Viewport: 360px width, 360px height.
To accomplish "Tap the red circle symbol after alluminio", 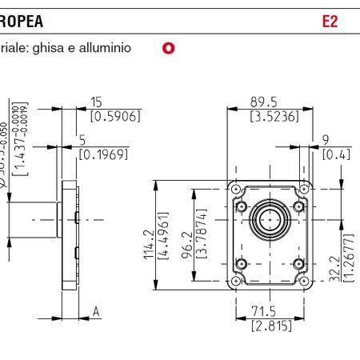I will tap(168, 48).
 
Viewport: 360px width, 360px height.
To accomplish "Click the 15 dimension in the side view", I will tap(97, 102).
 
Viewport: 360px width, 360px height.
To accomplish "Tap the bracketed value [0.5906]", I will tap(115, 117).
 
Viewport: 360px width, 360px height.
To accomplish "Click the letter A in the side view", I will tap(96, 312).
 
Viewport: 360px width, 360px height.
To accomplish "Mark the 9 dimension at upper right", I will tap(326, 139).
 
